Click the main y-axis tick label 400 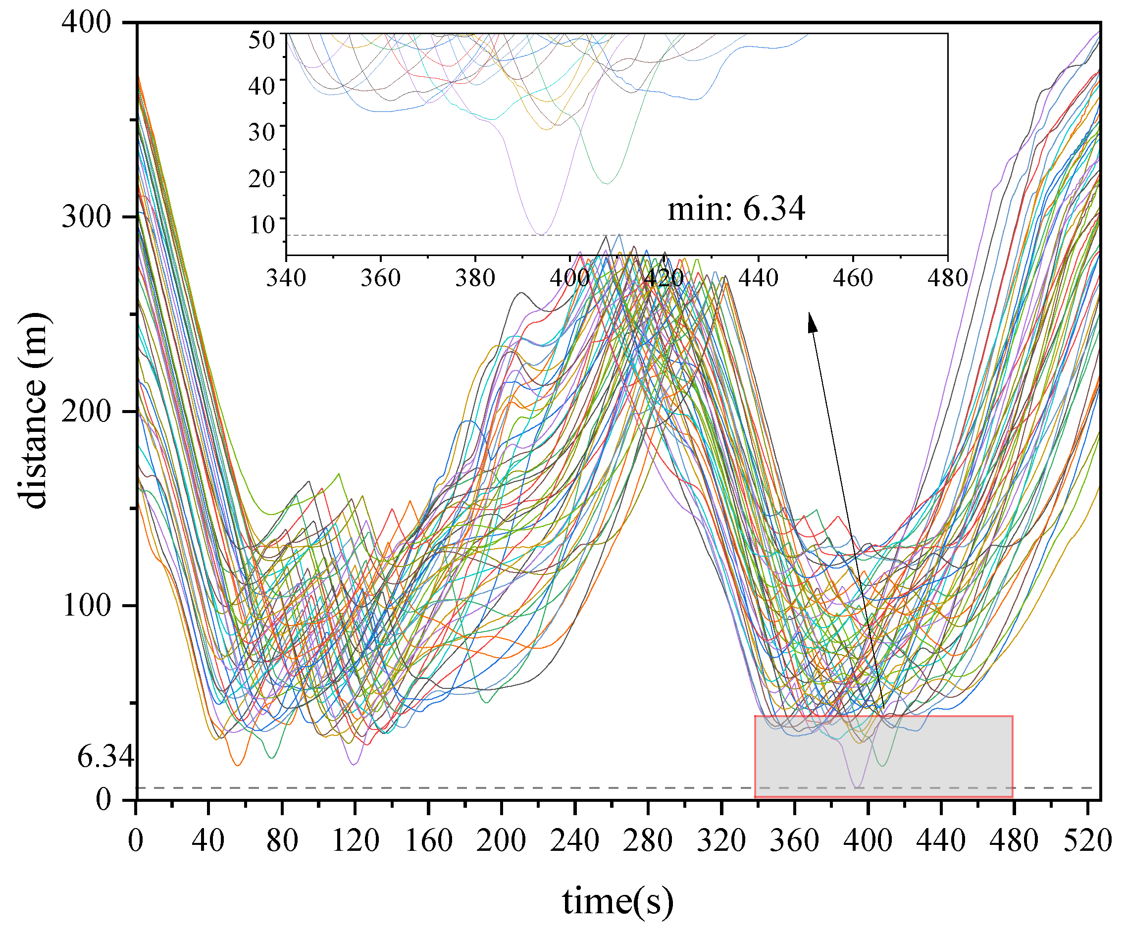[x=86, y=22]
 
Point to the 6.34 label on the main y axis [x=105, y=757]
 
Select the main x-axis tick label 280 [x=647, y=840]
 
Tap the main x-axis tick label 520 [x=1087, y=840]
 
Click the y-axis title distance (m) [x=33, y=410]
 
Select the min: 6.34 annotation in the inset [x=736, y=208]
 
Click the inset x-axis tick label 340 [x=286, y=278]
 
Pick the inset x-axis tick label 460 [x=853, y=278]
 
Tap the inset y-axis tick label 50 [x=261, y=40]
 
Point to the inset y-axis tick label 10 [x=261, y=225]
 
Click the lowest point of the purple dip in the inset [x=542, y=234]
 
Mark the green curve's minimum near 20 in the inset [x=607, y=183]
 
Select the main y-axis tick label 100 [x=86, y=606]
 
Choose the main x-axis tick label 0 [x=136, y=840]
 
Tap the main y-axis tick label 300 [x=86, y=217]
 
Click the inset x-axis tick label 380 [x=475, y=278]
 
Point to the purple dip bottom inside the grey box [x=857, y=787]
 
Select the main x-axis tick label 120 [x=355, y=840]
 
